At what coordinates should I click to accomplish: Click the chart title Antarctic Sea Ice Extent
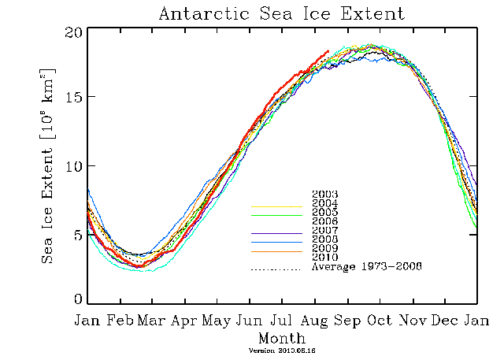(x=281, y=13)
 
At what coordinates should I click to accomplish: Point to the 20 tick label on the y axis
(x=72, y=32)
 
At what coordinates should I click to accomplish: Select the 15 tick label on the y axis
(x=72, y=98)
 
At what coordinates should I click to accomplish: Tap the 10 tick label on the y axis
(x=72, y=166)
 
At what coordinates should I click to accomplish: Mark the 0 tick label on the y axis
(x=77, y=300)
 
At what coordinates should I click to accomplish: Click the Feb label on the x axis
(x=120, y=321)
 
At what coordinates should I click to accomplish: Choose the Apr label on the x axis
(x=184, y=321)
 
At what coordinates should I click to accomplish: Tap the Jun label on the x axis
(x=250, y=321)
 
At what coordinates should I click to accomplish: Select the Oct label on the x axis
(x=380, y=321)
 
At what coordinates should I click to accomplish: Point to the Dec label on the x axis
(x=444, y=321)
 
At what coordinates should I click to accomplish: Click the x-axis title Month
(x=281, y=336)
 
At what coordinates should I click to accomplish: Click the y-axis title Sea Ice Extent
(x=48, y=165)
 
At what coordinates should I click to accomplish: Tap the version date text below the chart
(x=281, y=350)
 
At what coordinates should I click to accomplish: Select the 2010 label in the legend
(x=325, y=258)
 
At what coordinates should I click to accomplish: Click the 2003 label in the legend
(x=325, y=194)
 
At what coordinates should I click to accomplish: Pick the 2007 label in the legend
(x=325, y=230)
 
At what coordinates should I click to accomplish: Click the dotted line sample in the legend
(x=276, y=269)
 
